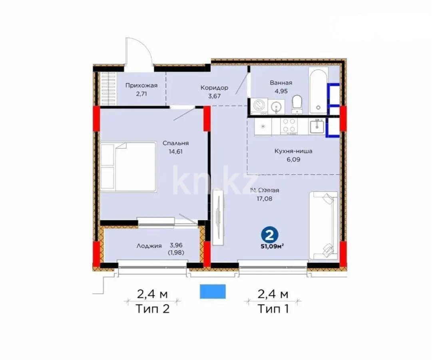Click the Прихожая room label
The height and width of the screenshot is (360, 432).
(141, 85)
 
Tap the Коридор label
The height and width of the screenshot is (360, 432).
(215, 88)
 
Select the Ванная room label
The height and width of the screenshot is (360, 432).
(281, 83)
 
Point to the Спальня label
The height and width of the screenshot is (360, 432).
(176, 143)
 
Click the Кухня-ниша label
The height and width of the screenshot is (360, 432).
(293, 151)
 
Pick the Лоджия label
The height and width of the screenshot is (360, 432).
(149, 246)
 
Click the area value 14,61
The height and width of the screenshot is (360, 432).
(176, 152)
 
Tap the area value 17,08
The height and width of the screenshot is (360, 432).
(264, 198)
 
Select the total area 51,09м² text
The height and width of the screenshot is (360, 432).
(272, 246)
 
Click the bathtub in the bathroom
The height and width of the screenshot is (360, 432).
(319, 90)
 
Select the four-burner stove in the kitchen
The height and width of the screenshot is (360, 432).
(289, 126)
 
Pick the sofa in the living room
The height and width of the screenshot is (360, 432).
(324, 225)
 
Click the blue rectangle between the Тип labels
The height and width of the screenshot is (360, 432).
(213, 291)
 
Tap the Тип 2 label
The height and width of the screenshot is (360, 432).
(152, 308)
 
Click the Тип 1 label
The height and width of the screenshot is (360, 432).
(273, 308)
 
